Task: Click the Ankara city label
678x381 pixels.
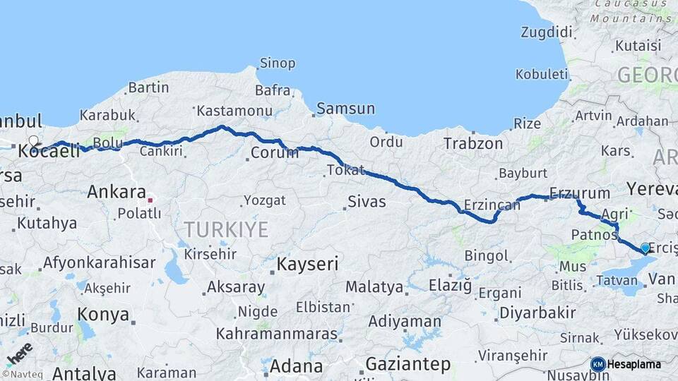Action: (117, 191)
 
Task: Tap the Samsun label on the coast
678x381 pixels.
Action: (345, 109)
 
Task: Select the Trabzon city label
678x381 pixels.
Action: (473, 144)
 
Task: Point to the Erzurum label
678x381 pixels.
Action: (579, 193)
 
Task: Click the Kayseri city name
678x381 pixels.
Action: (307, 265)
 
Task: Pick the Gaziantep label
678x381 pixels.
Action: (408, 365)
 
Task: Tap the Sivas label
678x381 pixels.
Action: (367, 202)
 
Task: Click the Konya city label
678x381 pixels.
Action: (103, 314)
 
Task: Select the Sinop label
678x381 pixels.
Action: (278, 64)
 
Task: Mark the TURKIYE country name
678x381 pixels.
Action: (226, 229)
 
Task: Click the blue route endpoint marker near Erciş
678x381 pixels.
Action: (645, 248)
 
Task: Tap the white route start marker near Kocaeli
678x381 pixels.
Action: (33, 141)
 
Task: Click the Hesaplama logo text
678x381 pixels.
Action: (634, 365)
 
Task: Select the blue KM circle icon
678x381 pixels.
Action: (598, 364)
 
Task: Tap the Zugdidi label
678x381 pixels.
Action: (546, 32)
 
